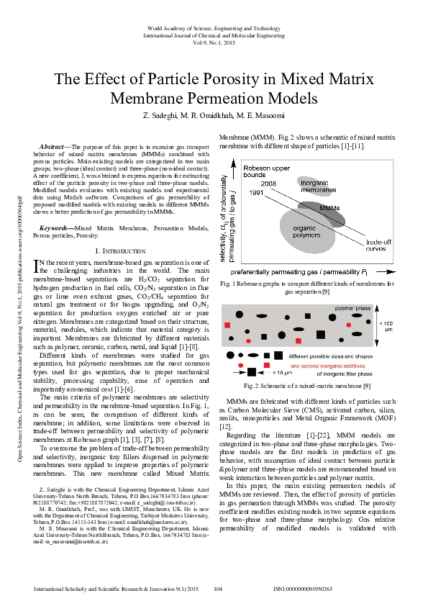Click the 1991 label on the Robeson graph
[256, 194]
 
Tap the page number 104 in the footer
[219, 589]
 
